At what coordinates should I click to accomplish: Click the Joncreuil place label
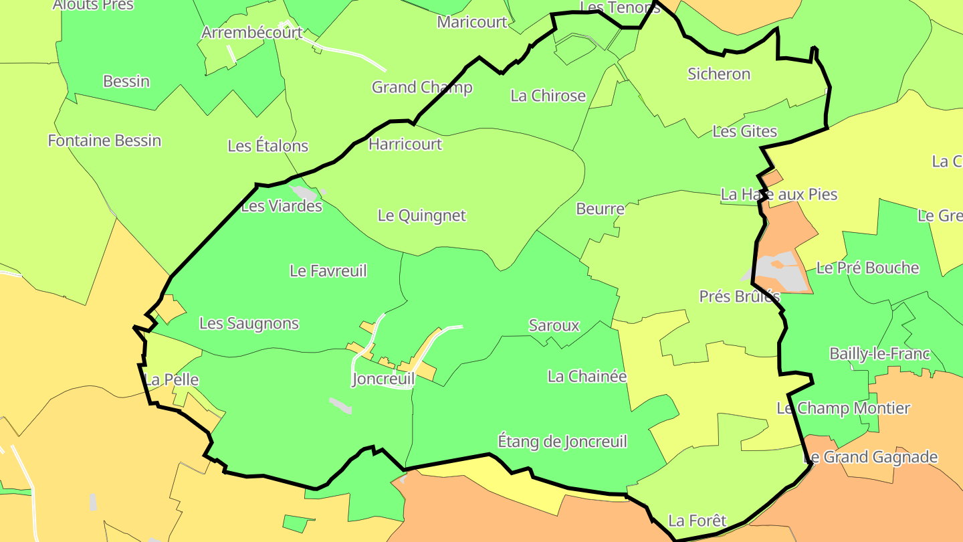[x=383, y=379]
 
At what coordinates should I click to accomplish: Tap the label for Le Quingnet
[x=421, y=215]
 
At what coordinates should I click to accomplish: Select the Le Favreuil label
[x=328, y=271]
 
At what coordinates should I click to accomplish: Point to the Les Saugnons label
[x=249, y=323]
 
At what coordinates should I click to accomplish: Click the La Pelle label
[x=172, y=379]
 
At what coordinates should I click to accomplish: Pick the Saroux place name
[x=554, y=326]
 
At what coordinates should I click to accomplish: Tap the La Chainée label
[x=586, y=376]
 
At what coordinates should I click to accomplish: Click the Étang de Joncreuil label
[x=562, y=442]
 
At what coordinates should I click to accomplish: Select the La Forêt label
[x=697, y=521]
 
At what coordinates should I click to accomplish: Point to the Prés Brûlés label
[x=740, y=296]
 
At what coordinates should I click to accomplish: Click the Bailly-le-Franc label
[x=879, y=354]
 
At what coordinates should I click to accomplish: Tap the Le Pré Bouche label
[x=867, y=268]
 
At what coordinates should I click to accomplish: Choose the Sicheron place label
[x=719, y=74]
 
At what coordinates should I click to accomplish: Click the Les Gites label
[x=744, y=131]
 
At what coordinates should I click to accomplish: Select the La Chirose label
[x=548, y=96]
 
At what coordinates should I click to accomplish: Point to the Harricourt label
[x=405, y=144]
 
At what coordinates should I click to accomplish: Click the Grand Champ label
[x=422, y=87]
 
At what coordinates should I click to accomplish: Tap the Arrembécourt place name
[x=252, y=32]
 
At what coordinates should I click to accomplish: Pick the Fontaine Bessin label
[x=104, y=141]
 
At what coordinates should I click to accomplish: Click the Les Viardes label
[x=281, y=206]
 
